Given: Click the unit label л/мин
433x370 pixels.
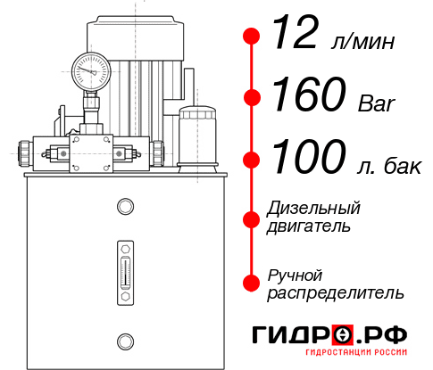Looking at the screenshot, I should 362,42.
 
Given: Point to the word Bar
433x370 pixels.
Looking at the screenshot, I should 374,103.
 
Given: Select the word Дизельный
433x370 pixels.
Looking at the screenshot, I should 313,209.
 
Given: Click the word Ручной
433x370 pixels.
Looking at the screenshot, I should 295,275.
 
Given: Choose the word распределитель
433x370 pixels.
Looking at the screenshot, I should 335,292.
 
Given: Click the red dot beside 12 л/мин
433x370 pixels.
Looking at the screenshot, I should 252,37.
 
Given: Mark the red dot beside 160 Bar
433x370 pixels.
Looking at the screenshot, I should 252,97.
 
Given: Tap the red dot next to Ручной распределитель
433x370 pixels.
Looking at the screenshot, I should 252,282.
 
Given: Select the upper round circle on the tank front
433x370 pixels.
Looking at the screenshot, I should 124,208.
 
